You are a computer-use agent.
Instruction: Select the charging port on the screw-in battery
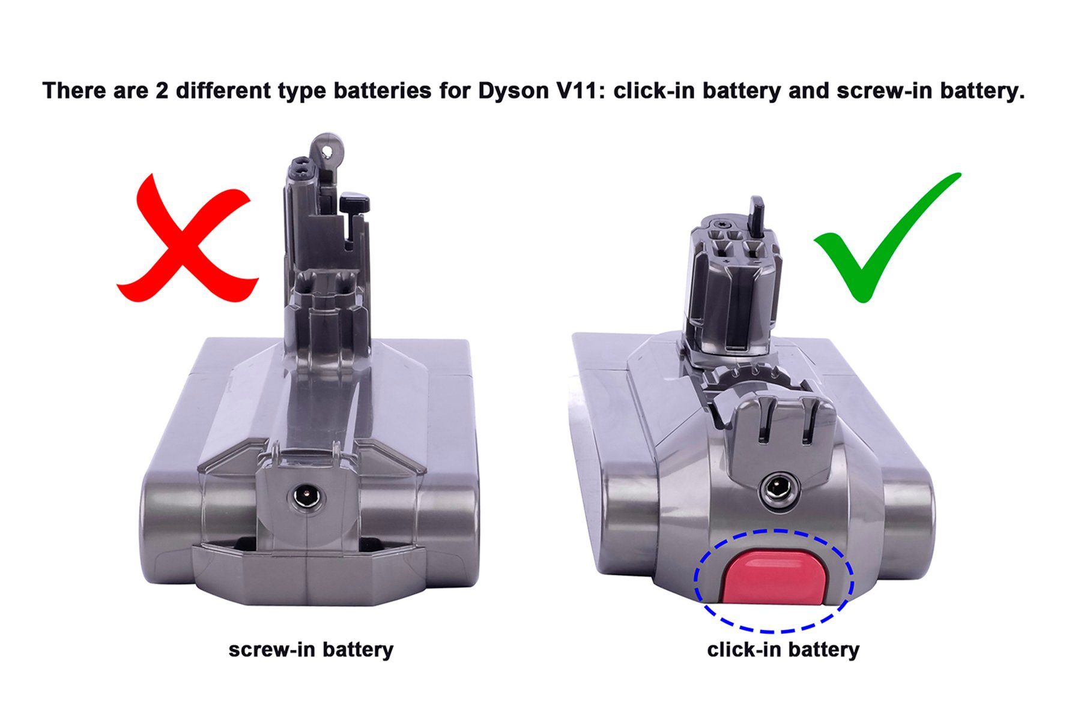(307, 496)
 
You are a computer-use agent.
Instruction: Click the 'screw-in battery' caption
(310, 649)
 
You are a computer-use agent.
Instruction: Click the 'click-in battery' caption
(783, 649)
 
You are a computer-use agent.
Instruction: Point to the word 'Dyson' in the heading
(512, 91)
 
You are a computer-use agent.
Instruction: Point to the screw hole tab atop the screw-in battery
(328, 147)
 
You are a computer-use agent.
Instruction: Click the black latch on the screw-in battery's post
(354, 202)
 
